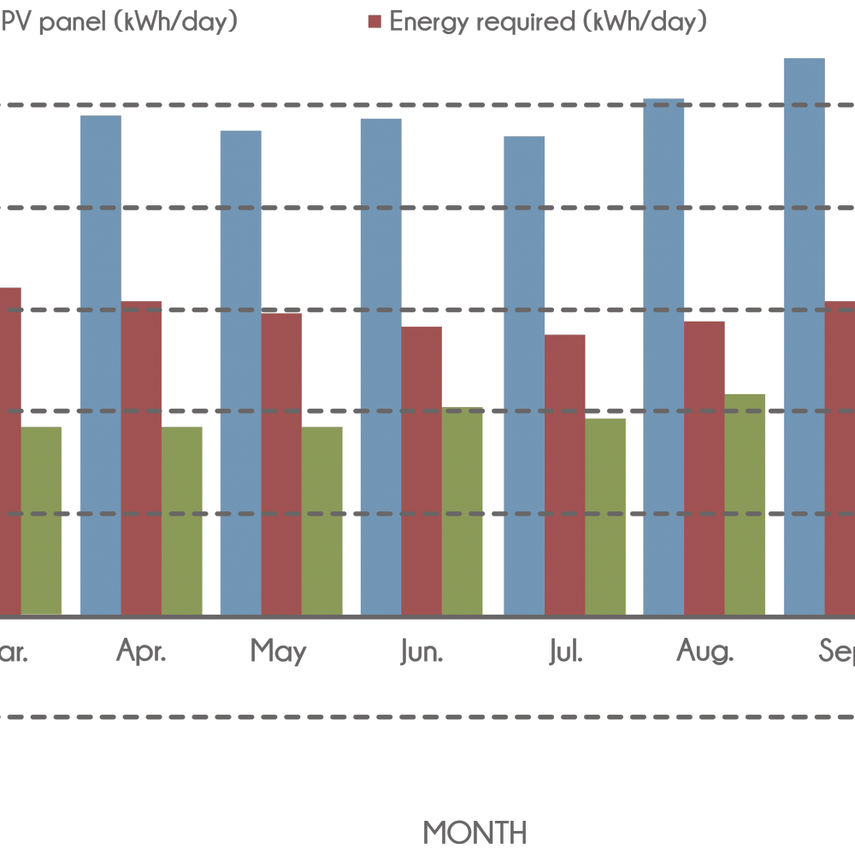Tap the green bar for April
click(x=181, y=521)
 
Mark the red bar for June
click(x=422, y=470)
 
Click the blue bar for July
click(x=524, y=375)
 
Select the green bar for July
click(x=605, y=516)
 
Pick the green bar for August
click(x=745, y=504)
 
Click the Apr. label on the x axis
click(x=142, y=652)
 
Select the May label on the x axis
click(x=279, y=652)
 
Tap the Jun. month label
click(x=422, y=653)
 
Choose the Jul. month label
click(x=566, y=653)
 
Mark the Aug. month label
click(x=705, y=653)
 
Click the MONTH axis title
click(x=475, y=832)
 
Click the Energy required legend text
click(x=548, y=21)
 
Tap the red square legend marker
click(x=374, y=22)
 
